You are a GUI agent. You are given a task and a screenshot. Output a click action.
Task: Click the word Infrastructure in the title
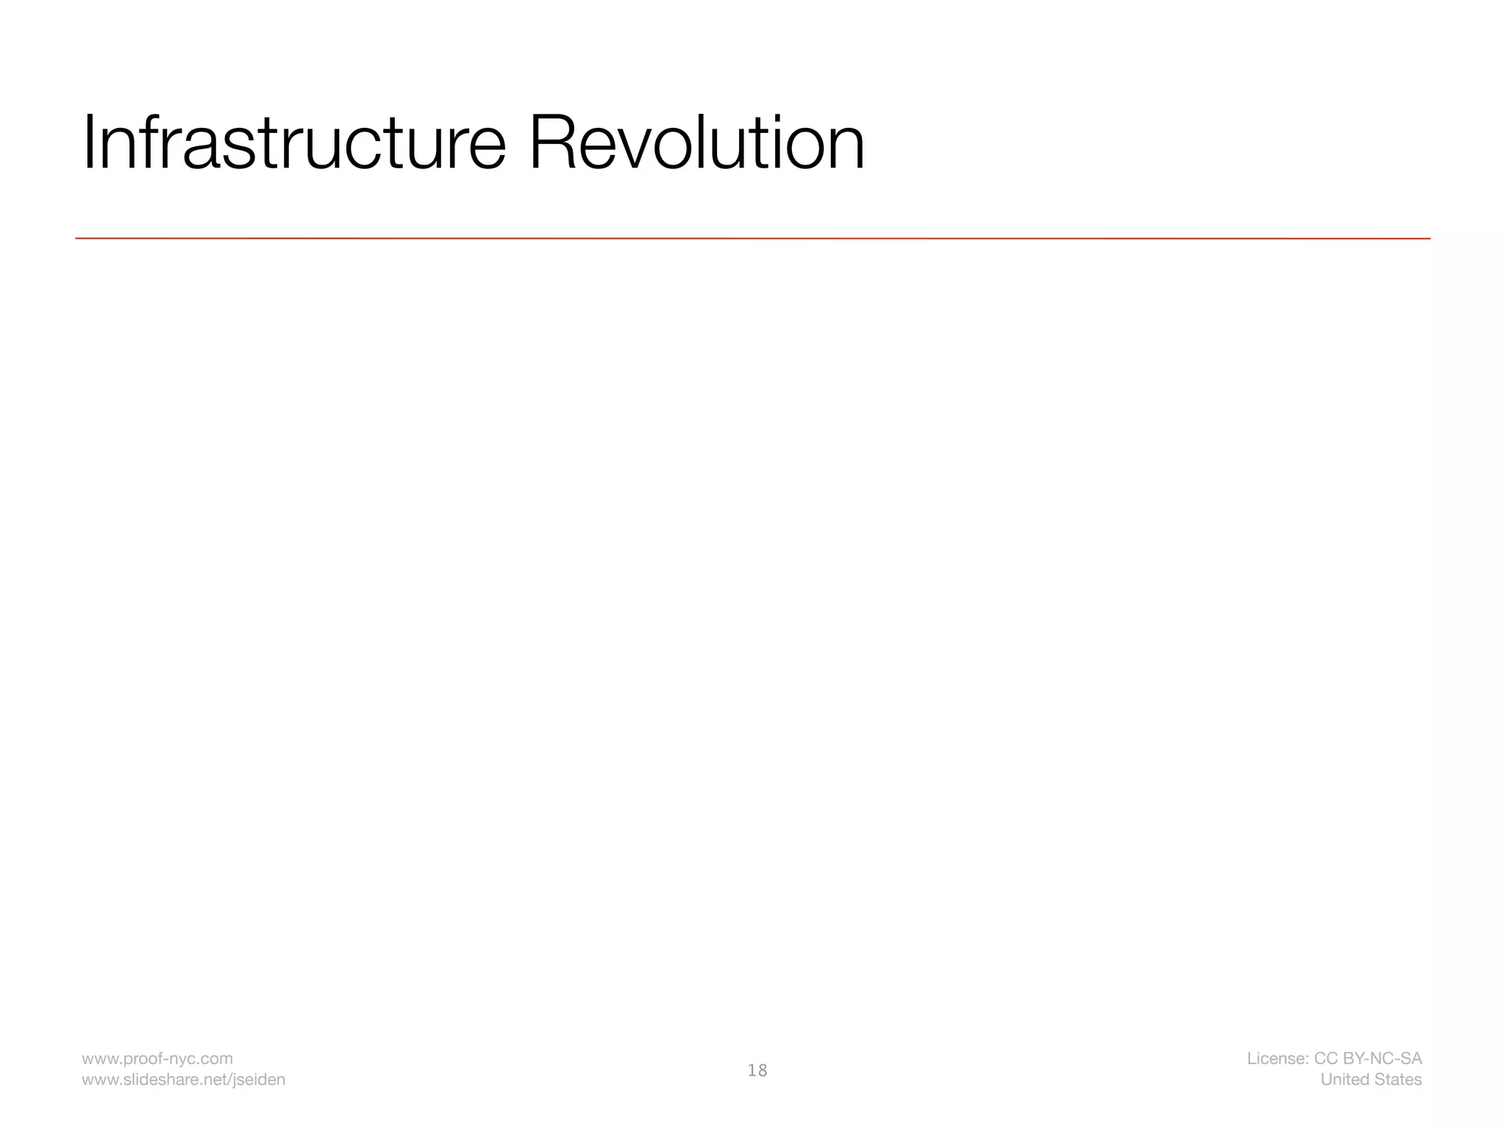coord(294,143)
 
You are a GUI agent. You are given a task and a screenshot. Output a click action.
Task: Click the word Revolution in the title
coord(696,143)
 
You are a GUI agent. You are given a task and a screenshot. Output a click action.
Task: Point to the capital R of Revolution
coord(553,143)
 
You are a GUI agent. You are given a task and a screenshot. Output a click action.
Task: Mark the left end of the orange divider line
coord(77,238)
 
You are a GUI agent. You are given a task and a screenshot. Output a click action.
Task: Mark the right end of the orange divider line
coord(1429,238)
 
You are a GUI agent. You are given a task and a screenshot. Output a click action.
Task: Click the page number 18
coord(757,1070)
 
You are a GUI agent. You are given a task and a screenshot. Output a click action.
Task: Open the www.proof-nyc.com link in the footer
coord(157,1058)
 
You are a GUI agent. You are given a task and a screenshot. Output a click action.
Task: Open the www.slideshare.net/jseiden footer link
coord(183,1080)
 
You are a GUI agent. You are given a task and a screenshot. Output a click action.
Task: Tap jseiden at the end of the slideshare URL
coord(260,1080)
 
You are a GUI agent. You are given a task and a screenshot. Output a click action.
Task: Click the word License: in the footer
coord(1277,1058)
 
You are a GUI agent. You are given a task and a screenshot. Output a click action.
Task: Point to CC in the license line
coord(1326,1058)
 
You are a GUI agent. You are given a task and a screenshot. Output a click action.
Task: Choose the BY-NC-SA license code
coord(1382,1058)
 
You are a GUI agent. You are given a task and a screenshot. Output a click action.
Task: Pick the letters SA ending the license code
coord(1411,1058)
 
